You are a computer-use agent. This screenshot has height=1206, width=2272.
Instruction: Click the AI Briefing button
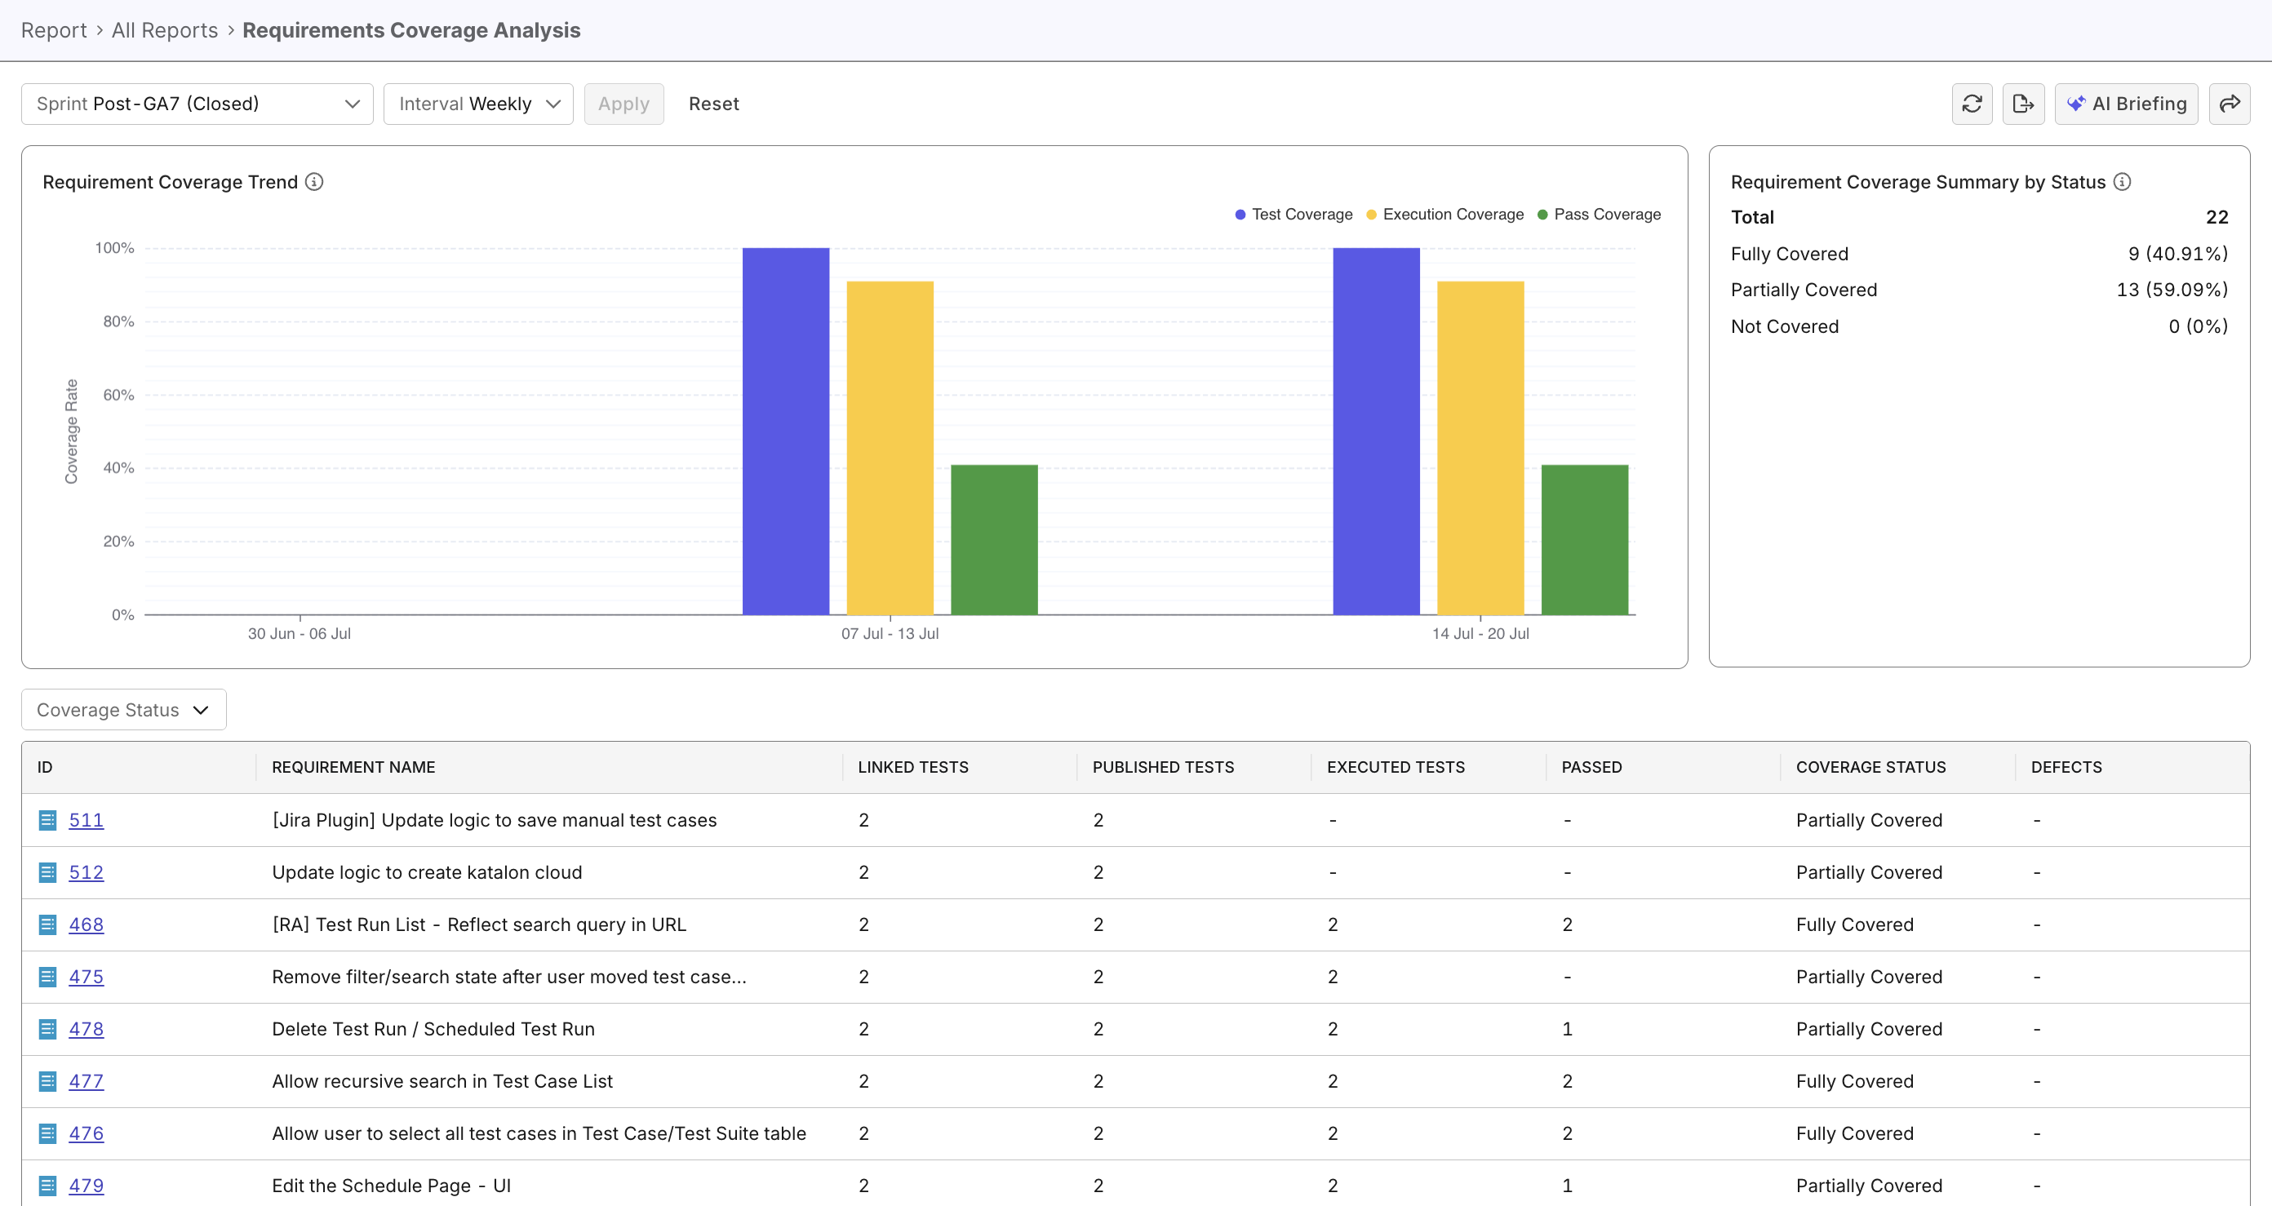tap(2126, 104)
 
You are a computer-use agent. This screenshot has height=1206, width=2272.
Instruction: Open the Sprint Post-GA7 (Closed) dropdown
tap(197, 104)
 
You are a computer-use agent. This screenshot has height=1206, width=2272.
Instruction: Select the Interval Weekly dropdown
tap(478, 104)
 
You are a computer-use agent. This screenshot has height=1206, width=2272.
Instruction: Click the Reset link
tap(713, 104)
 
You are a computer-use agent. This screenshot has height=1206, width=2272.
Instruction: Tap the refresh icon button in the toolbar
tap(1972, 104)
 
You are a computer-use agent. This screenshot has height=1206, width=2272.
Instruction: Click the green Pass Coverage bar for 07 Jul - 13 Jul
tap(994, 539)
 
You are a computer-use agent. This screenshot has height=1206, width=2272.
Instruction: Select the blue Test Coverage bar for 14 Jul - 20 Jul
tap(1376, 432)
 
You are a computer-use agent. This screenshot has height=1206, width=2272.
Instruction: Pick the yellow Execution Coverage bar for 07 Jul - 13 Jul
tap(890, 448)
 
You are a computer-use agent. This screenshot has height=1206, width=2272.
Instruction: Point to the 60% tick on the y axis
tap(118, 395)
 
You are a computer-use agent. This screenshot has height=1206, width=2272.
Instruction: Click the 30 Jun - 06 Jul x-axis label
tap(299, 633)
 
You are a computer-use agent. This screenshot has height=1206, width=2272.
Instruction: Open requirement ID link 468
tap(87, 924)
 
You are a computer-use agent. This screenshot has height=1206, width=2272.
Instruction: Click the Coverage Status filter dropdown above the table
tap(123, 710)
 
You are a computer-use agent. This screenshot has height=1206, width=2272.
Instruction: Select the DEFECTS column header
tap(2066, 767)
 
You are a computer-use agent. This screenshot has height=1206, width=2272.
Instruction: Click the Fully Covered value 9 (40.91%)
tap(2177, 254)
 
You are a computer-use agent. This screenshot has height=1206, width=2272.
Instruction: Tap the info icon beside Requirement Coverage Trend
tap(314, 182)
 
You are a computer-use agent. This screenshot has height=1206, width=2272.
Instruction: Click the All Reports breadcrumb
tap(164, 30)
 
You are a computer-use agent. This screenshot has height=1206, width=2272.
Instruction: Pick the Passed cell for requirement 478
tap(1566, 1029)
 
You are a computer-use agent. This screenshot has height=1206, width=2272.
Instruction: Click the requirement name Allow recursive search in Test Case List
tap(442, 1081)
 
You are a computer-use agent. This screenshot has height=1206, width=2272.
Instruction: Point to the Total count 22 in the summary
tap(2217, 217)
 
